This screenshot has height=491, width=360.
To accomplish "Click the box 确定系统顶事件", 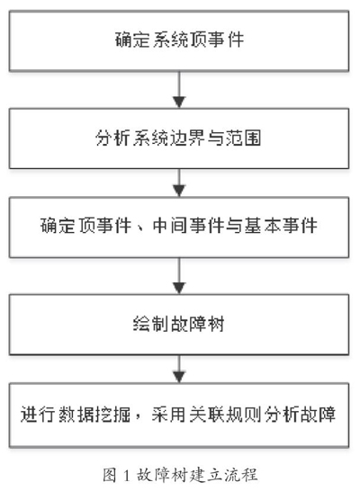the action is click(x=179, y=40).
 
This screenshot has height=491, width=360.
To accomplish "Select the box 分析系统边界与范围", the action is click(x=179, y=138).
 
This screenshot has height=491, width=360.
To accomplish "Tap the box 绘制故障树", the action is click(x=179, y=325).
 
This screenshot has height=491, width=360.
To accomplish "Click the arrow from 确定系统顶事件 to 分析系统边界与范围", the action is click(x=179, y=90).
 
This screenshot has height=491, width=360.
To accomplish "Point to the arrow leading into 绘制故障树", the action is click(x=179, y=276).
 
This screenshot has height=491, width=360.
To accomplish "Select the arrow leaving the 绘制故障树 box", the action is click(x=179, y=369).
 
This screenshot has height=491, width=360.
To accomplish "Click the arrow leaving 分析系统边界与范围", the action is click(x=179, y=183).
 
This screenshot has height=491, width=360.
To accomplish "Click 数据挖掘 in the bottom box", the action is click(x=94, y=414).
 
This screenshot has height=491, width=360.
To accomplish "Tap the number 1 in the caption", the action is click(x=126, y=476).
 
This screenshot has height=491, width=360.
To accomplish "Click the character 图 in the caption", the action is click(x=110, y=475).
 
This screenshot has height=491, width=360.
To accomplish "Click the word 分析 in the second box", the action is click(x=112, y=138).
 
